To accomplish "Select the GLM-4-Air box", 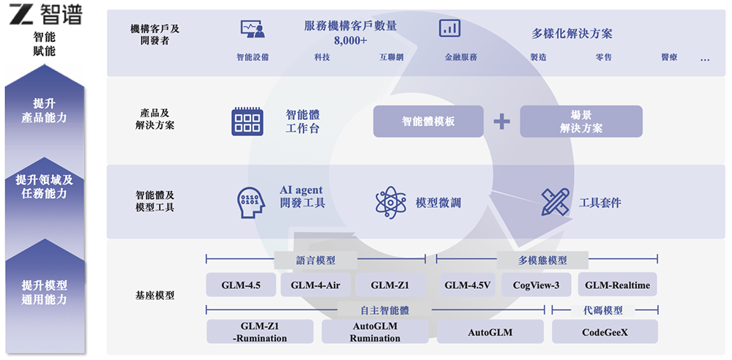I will click(x=315, y=285).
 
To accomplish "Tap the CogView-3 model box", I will click(x=536, y=285).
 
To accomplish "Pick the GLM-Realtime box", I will click(x=617, y=285).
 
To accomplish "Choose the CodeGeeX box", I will click(x=605, y=332).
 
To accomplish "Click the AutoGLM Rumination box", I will click(x=375, y=332).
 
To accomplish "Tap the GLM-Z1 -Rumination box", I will click(x=260, y=332).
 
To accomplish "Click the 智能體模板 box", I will click(x=428, y=121).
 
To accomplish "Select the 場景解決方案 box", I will click(x=581, y=121).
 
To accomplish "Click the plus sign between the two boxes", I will click(x=501, y=121).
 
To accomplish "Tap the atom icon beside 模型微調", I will click(x=390, y=203).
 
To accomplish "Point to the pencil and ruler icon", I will click(x=555, y=202).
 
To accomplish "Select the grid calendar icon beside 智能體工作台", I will click(x=247, y=121).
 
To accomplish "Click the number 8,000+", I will click(x=350, y=40).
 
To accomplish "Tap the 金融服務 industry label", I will click(x=460, y=57).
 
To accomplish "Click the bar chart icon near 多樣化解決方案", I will click(x=449, y=29).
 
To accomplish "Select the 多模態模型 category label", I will click(x=542, y=260).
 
